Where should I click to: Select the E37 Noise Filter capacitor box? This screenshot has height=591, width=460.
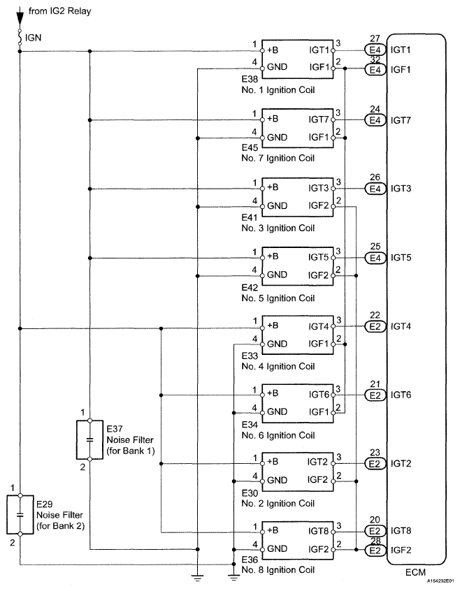pos(89,439)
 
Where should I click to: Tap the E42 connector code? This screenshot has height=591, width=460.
pos(250,286)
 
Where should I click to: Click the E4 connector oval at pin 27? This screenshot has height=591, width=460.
pos(374,51)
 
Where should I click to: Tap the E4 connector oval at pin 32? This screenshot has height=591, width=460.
pos(374,69)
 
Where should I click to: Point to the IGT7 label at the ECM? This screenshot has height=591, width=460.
pos(402,120)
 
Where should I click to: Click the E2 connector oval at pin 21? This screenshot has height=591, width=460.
pos(374,395)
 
